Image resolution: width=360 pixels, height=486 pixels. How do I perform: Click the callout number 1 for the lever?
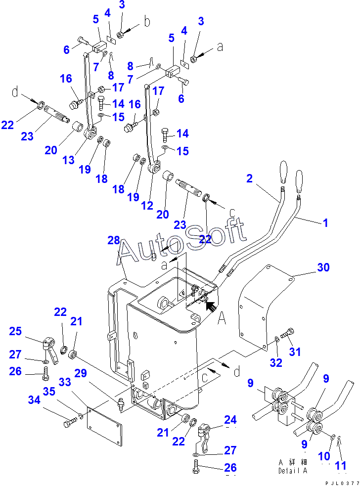coord(325,223)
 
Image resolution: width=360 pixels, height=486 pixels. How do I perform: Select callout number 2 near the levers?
coord(249,178)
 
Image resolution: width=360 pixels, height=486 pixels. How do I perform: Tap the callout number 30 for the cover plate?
coord(323,267)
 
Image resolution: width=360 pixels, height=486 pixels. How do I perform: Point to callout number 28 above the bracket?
coord(114,240)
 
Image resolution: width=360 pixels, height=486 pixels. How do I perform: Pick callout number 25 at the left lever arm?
coord(15,331)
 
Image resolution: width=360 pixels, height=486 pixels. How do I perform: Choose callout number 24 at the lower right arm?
coord(230,420)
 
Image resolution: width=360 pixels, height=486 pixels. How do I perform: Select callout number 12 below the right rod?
coord(147,192)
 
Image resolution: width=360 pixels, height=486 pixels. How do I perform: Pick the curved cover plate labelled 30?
coord(262,307)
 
